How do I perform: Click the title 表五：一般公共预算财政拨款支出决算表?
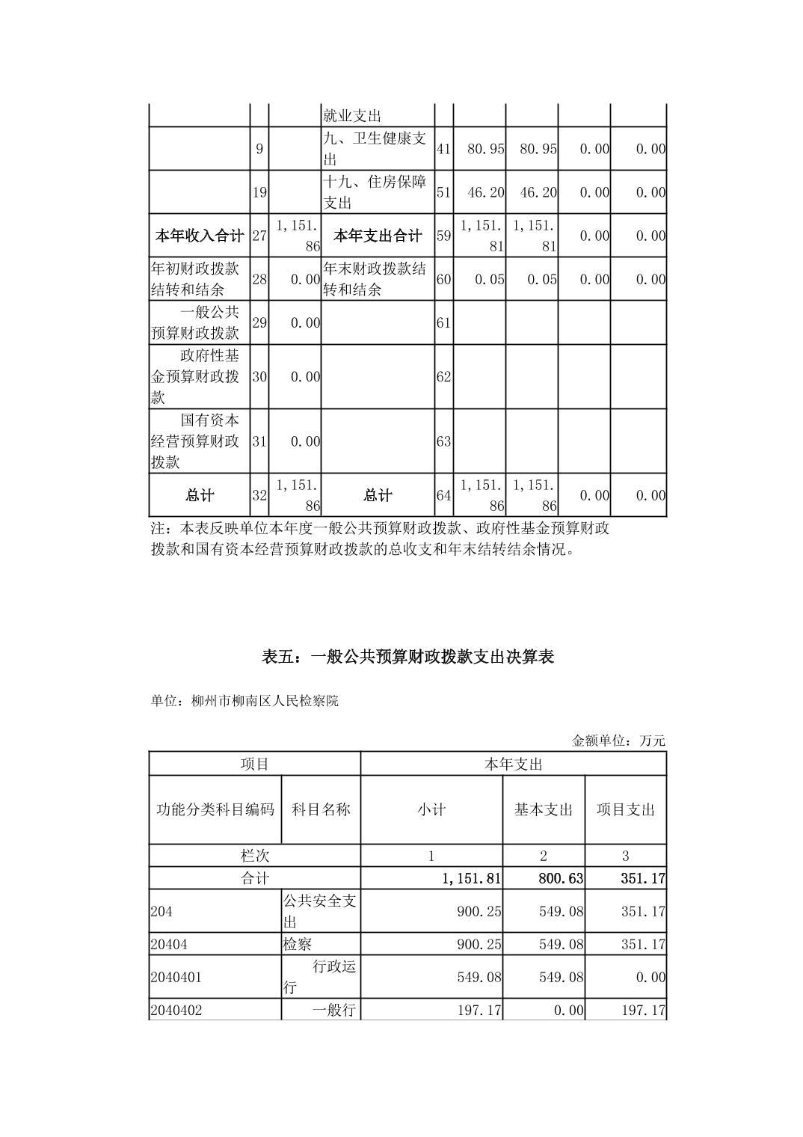407,658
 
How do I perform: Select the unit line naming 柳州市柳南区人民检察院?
244,701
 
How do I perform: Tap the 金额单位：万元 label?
618,741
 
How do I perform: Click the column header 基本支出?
543,809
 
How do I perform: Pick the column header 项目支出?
625,809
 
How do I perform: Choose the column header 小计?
431,809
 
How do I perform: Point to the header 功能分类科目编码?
215,809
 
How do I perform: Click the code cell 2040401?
176,977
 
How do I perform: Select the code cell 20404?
169,944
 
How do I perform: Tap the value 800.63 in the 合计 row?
561,878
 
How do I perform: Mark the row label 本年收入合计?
199,236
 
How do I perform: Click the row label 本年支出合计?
377,236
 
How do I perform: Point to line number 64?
443,495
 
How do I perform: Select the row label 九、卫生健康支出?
375,149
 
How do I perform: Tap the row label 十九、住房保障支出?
375,192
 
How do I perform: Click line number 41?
443,149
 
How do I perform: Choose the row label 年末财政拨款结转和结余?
375,279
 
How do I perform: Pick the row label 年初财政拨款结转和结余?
195,279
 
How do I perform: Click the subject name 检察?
298,944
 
